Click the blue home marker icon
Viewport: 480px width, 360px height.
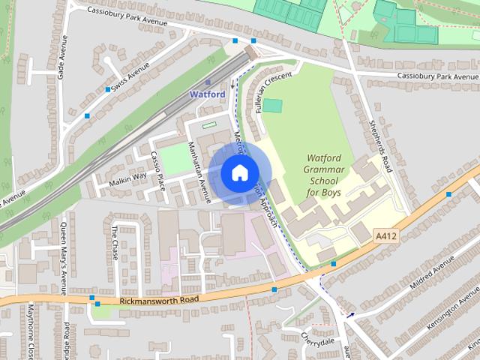238,172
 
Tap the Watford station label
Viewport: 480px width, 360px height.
208,94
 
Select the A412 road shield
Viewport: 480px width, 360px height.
385,236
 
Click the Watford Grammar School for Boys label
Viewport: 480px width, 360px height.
323,175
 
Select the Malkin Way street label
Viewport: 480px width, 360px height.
127,178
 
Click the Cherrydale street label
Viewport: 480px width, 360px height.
317,340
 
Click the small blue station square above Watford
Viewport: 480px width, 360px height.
208,82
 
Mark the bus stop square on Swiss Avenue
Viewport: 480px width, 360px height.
108,89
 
